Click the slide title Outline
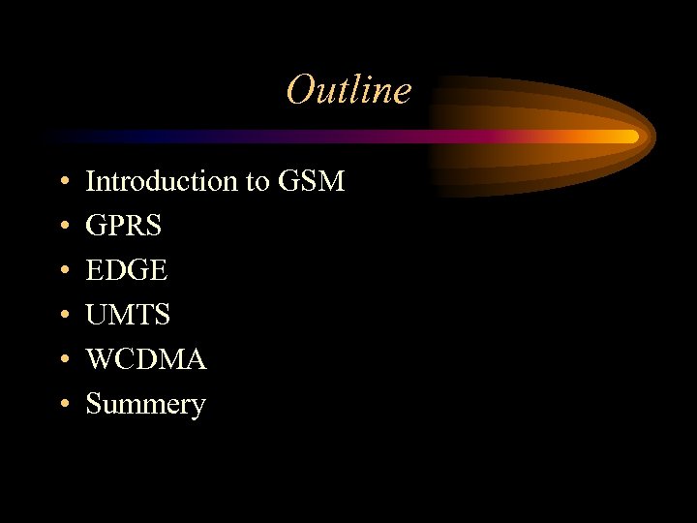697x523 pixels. pos(348,90)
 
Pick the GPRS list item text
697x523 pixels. pos(124,226)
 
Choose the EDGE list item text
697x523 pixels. pos(127,270)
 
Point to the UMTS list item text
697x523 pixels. pos(128,315)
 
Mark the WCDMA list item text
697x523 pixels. pos(146,359)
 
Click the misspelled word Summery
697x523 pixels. pos(145,405)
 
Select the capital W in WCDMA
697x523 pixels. pos(100,359)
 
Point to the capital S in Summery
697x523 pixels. pos(94,404)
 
